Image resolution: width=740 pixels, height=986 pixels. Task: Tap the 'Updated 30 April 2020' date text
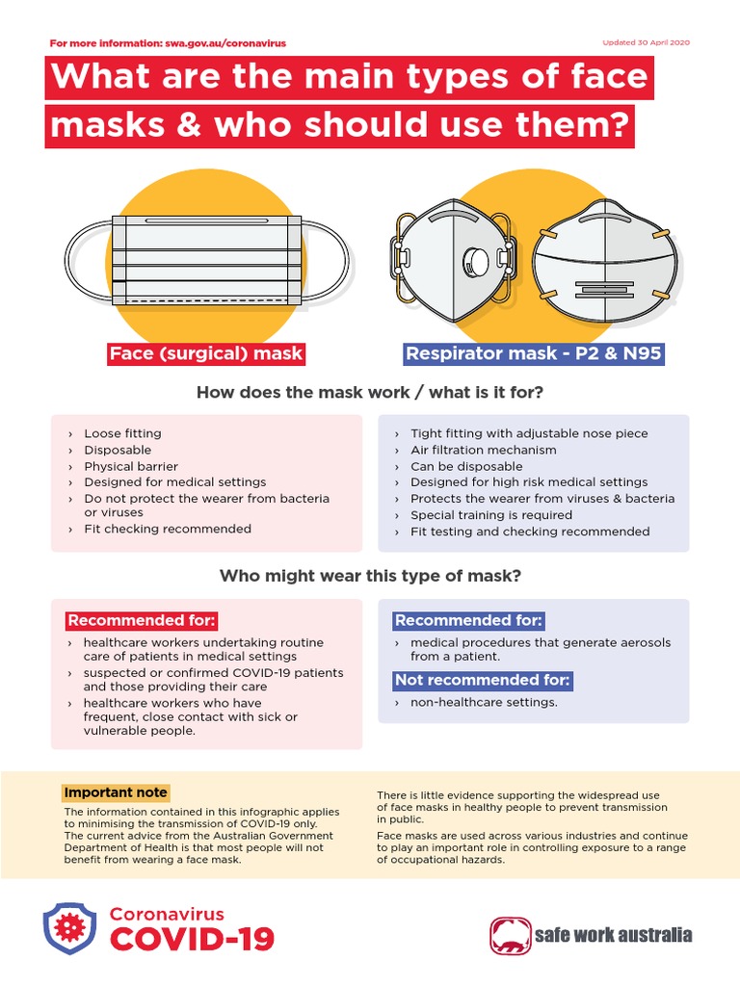pos(646,43)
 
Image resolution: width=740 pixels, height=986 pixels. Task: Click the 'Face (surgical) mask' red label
pos(206,353)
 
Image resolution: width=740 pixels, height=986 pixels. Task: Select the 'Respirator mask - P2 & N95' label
pos(534,353)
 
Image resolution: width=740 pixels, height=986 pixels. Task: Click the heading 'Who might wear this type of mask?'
pos(370,576)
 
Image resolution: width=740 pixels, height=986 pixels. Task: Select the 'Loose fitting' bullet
pos(122,433)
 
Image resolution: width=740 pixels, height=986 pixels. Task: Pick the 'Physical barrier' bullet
pos(131,466)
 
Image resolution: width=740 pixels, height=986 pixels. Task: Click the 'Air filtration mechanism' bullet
pos(483,450)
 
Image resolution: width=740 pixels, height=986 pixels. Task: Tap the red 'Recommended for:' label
pos(142,620)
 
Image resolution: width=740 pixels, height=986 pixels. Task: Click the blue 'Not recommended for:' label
pos(482,681)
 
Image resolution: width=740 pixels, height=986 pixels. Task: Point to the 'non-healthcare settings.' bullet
pos(484,702)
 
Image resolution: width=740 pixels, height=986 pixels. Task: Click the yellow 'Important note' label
pos(116,792)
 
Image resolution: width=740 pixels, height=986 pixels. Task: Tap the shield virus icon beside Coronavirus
pos(69,927)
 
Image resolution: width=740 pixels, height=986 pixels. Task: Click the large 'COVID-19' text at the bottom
pos(192,939)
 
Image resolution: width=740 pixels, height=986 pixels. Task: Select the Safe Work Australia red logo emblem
pos(511,934)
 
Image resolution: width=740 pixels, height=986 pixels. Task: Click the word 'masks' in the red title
pos(101,125)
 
